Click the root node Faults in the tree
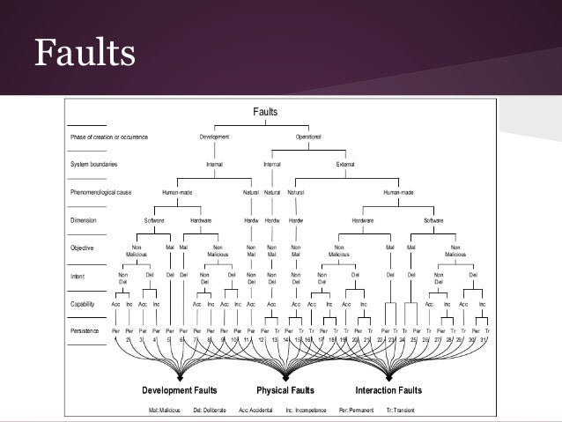pos(265,112)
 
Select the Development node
pos(214,137)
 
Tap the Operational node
pos(308,137)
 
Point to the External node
pos(345,164)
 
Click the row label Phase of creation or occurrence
pos(109,137)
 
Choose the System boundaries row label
pos(93,165)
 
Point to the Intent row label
pos(78,277)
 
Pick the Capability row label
pos(83,304)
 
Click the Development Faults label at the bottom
pos(180,389)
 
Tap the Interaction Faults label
pos(388,389)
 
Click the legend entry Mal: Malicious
pos(164,411)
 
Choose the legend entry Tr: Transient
pos(402,411)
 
